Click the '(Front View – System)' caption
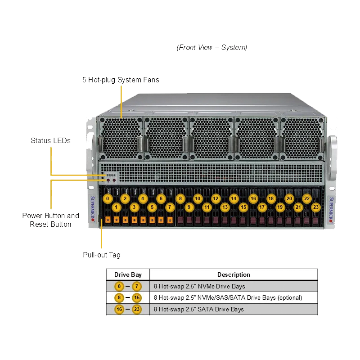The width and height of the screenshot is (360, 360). [212, 47]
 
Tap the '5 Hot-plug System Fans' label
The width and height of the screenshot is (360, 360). [121, 80]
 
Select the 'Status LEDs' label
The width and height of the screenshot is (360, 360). [50, 140]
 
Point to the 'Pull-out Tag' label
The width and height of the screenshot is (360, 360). [102, 255]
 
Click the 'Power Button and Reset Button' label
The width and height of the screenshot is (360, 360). [50, 220]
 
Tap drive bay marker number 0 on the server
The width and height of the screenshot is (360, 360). [108, 198]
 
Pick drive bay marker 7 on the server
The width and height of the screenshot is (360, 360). [169, 207]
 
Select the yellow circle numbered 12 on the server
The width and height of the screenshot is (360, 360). [216, 198]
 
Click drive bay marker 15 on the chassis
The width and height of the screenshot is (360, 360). [243, 207]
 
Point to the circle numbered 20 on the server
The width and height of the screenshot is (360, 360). [289, 198]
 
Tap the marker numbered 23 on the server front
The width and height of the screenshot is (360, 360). [316, 207]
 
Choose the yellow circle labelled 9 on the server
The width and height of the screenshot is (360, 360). [189, 207]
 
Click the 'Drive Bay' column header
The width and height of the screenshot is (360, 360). [128, 274]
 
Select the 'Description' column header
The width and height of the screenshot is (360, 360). [234, 274]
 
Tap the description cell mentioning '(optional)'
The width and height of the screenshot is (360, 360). [228, 297]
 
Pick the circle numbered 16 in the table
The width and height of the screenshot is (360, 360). [119, 309]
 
